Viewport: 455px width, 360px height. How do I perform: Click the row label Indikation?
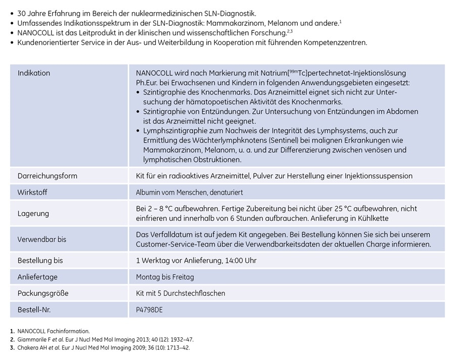[34, 73]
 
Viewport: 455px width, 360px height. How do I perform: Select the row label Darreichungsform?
[48, 176]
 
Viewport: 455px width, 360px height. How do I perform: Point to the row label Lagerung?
[33, 213]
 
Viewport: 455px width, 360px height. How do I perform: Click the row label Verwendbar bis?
[42, 239]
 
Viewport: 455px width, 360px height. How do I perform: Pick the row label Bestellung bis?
[40, 260]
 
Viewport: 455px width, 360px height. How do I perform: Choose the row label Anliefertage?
[37, 277]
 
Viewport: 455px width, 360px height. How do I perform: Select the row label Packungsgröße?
[43, 293]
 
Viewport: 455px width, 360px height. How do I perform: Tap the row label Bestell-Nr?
[34, 309]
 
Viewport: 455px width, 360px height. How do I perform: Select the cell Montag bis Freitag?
[165, 277]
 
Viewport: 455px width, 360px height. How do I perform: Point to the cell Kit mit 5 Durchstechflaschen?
[180, 293]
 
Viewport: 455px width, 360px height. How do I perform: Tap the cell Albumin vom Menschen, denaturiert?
[189, 193]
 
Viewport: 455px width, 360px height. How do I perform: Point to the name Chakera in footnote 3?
[30, 348]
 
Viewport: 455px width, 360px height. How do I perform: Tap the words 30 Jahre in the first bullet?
[33, 12]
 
